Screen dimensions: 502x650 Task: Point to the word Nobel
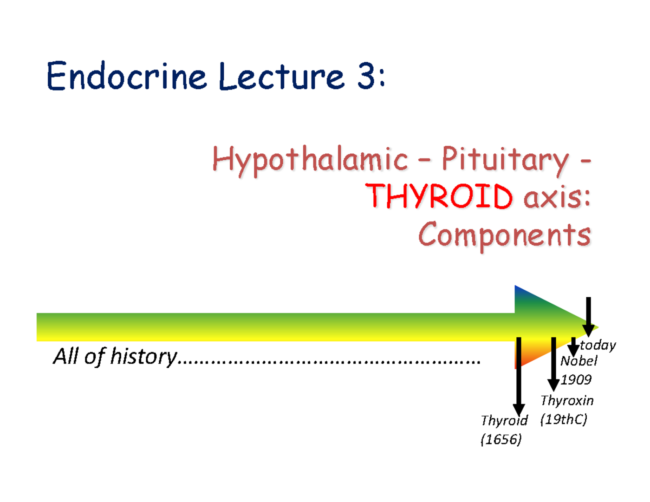click(578, 361)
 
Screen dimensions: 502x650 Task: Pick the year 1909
click(575, 379)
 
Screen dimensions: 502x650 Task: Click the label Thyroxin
click(567, 401)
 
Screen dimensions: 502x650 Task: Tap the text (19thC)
click(563, 420)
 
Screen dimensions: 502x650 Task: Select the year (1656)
click(500, 440)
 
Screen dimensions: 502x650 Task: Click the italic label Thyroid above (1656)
click(504, 421)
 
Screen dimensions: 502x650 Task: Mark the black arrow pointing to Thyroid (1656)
click(518, 379)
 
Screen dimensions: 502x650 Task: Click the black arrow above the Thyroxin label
click(553, 363)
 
